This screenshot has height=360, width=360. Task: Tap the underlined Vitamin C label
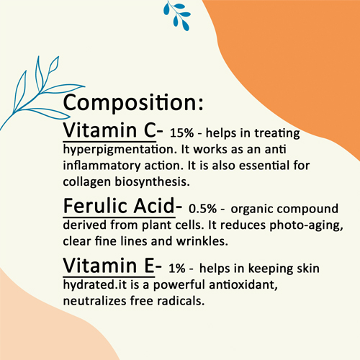pos(110,130)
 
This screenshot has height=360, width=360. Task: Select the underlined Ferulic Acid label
pos(120,207)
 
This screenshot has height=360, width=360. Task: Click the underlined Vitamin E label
pos(109,266)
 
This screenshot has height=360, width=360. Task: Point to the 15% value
pos(181,133)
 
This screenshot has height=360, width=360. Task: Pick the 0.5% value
pos(202,209)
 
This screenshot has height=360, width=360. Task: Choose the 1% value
pos(177,269)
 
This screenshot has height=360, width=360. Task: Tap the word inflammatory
pos(102,166)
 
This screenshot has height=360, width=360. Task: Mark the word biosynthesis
pos(152,182)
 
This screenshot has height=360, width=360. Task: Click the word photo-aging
pos(306,225)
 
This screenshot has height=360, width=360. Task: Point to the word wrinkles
pos(202,241)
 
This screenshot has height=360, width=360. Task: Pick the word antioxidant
pos(243,285)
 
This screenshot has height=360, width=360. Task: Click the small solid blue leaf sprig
pos(177,15)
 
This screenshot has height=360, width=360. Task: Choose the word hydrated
pos(89,285)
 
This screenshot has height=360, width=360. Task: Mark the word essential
pos(264,166)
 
